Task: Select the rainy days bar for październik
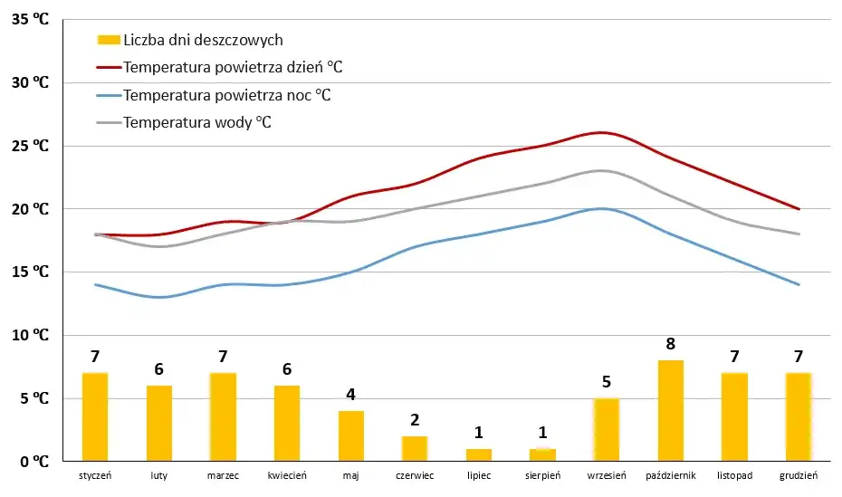(x=671, y=411)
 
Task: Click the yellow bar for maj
(x=351, y=436)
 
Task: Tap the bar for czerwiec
(x=415, y=449)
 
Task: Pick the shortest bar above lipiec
(x=479, y=455)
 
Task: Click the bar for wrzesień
(x=607, y=430)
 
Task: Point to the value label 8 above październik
(x=671, y=344)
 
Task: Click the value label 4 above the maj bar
(x=351, y=395)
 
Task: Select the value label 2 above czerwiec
(x=415, y=420)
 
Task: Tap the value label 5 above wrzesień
(x=607, y=382)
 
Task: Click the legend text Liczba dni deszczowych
(x=203, y=40)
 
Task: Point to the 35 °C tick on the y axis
(x=30, y=19)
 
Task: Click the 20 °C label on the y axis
(x=30, y=209)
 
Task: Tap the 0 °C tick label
(x=33, y=462)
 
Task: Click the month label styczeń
(x=95, y=475)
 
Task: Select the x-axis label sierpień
(x=543, y=475)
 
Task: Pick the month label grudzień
(x=799, y=475)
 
